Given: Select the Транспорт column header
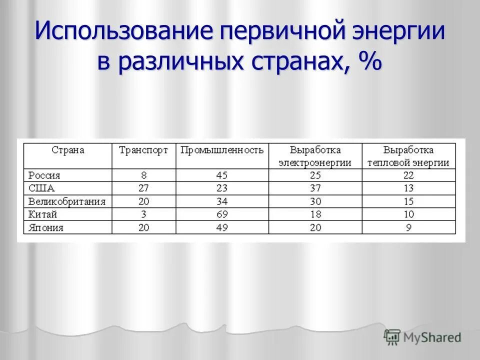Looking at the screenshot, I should tap(143, 150).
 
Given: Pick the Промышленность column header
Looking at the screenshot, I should tap(222, 150).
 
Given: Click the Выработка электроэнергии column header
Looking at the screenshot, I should tap(315, 156).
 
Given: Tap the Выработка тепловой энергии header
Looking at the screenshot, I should tap(408, 156).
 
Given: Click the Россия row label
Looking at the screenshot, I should tap(44, 175).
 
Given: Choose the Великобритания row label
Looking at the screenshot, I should tap(67, 201).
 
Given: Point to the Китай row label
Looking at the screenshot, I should tap(43, 214).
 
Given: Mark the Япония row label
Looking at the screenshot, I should tap(46, 227).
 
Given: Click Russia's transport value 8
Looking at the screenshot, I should tap(144, 175).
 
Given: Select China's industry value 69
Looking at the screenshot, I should tap(222, 214).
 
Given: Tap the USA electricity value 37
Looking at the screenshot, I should tap(315, 188).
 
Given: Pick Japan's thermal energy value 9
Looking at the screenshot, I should tap(408, 227).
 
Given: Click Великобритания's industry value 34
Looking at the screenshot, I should tap(222, 201).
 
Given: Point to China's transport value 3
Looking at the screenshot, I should tap(144, 214).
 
